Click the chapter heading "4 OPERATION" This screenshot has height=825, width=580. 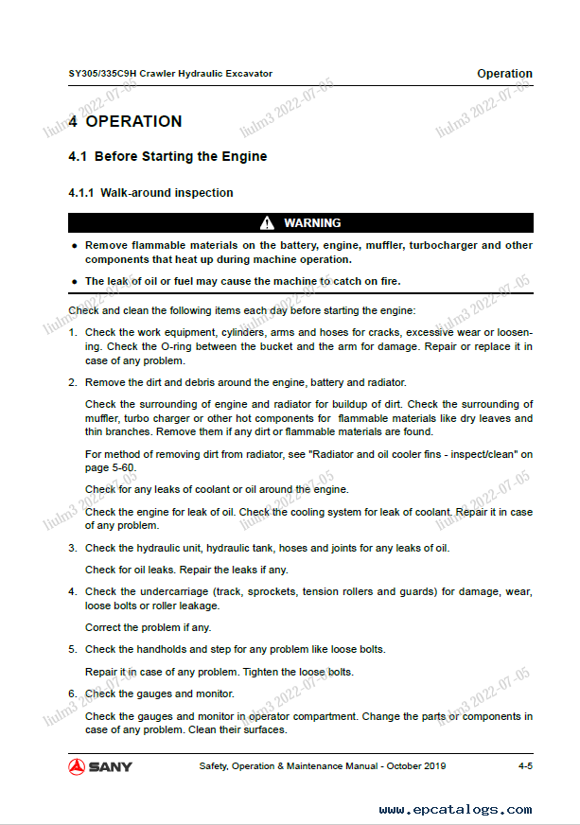point(125,121)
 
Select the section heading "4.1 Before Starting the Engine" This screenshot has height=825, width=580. point(167,156)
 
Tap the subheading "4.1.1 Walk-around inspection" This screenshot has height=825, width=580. point(150,193)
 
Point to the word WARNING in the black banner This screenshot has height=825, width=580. point(312,223)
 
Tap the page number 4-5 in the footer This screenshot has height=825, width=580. point(525,766)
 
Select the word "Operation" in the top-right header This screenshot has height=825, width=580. point(504,74)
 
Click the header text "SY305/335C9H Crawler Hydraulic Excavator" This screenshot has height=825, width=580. point(170,74)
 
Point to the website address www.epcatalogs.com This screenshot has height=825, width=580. point(455,810)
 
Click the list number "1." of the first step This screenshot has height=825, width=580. point(73,333)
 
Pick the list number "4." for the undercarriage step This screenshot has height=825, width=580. point(73,592)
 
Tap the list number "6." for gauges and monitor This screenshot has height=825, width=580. point(73,693)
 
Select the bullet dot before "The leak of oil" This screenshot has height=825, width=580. point(74,281)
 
